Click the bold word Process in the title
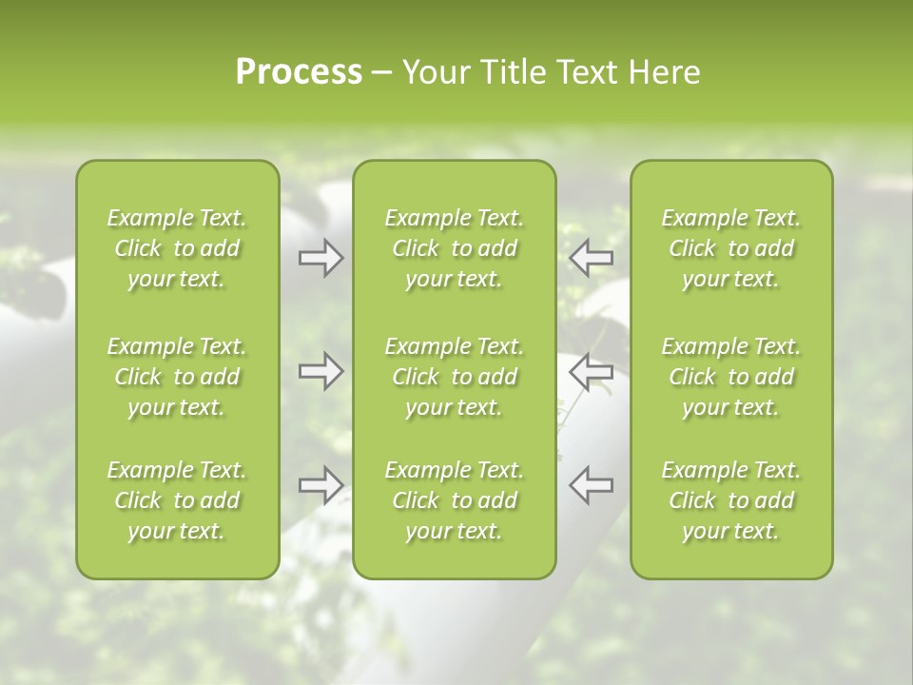tap(299, 72)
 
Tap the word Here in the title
tap(665, 72)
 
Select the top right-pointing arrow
tap(321, 257)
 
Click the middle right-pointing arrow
tap(321, 371)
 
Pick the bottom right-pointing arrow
tap(321, 485)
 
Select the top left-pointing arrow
tap(591, 257)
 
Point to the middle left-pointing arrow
tap(591, 371)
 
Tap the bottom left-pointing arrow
tap(591, 485)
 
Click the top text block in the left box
tap(177, 248)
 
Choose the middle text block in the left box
tap(177, 377)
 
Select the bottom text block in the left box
tap(177, 500)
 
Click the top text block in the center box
tap(455, 248)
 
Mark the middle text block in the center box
tap(455, 377)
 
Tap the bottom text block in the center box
tap(455, 500)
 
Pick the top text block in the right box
tap(731, 248)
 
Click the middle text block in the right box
tap(731, 377)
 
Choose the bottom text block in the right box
tap(731, 500)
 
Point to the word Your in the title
tap(436, 72)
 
